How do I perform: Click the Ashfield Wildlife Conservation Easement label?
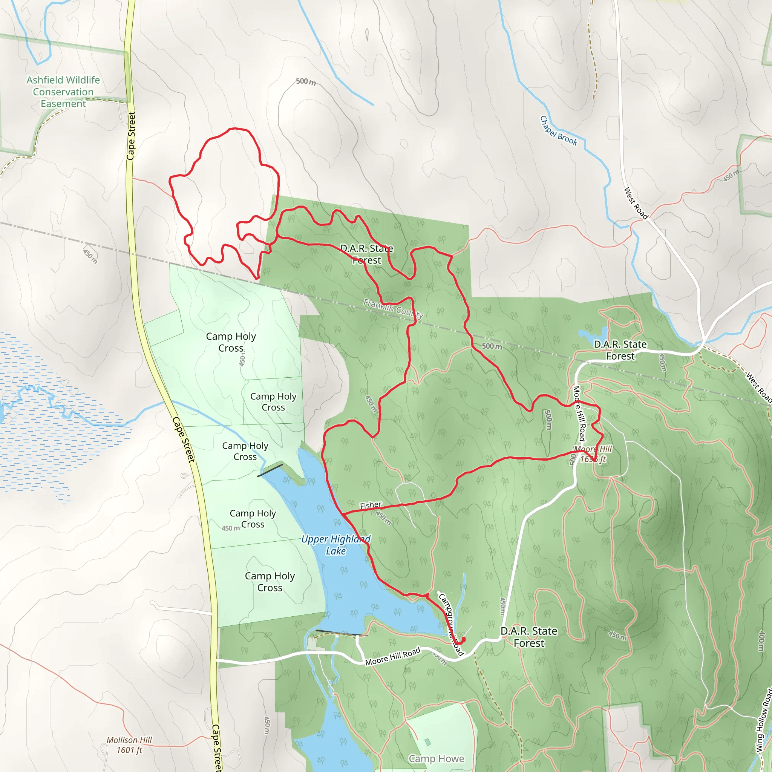click(x=63, y=92)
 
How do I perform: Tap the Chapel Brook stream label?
click(x=558, y=131)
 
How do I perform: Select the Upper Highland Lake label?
click(x=335, y=545)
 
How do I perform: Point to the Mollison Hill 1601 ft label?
click(x=129, y=745)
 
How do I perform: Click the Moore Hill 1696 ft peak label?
click(x=593, y=454)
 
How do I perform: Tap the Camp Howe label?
click(x=436, y=758)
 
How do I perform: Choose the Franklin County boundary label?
click(x=393, y=309)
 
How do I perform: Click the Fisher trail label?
click(x=371, y=505)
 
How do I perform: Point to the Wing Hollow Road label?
click(x=764, y=719)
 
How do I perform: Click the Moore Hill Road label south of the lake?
click(x=392, y=657)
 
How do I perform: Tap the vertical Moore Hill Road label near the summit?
click(x=579, y=414)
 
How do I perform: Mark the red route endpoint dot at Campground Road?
click(x=464, y=639)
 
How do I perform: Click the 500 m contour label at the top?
click(x=306, y=82)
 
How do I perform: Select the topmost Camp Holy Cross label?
click(x=231, y=342)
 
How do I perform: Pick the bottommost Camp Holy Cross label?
click(x=270, y=582)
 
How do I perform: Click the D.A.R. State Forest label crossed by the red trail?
click(x=366, y=254)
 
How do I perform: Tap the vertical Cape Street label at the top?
click(x=131, y=136)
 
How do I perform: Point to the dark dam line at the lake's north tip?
click(x=270, y=470)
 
